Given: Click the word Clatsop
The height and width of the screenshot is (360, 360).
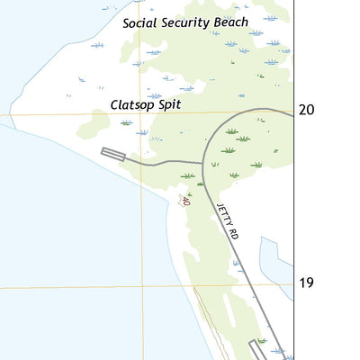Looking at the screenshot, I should [132, 104].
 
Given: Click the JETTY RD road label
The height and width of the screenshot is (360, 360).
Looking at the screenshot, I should [226, 220].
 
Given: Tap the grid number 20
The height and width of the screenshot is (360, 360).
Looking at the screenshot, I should [307, 110].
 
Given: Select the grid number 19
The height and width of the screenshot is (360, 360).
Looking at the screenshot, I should [307, 283].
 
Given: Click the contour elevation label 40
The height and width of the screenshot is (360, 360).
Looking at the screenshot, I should [185, 201].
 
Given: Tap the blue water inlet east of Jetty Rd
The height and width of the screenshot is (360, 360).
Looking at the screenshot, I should [273, 261].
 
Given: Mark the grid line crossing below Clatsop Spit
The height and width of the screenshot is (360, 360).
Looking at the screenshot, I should [140, 114].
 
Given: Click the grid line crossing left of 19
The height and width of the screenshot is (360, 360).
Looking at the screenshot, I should [140, 287].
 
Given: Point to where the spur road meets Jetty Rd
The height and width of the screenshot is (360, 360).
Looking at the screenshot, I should [203, 163].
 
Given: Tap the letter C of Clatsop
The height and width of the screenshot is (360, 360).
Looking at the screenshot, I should [114, 104].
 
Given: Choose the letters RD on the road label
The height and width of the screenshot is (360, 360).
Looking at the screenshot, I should [233, 233].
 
